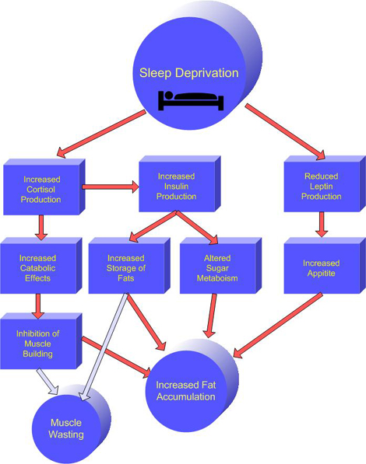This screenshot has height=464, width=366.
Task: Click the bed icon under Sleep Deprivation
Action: [x=191, y=100]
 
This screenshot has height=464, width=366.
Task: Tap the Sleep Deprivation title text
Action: [x=190, y=74]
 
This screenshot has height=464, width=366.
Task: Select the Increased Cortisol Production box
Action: [x=41, y=189]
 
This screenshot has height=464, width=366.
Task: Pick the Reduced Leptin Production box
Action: [x=322, y=187]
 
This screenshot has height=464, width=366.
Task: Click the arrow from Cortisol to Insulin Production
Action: [x=109, y=187]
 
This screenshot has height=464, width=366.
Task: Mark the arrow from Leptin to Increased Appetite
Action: [x=319, y=225]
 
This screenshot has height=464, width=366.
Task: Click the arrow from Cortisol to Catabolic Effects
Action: [x=41, y=226]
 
